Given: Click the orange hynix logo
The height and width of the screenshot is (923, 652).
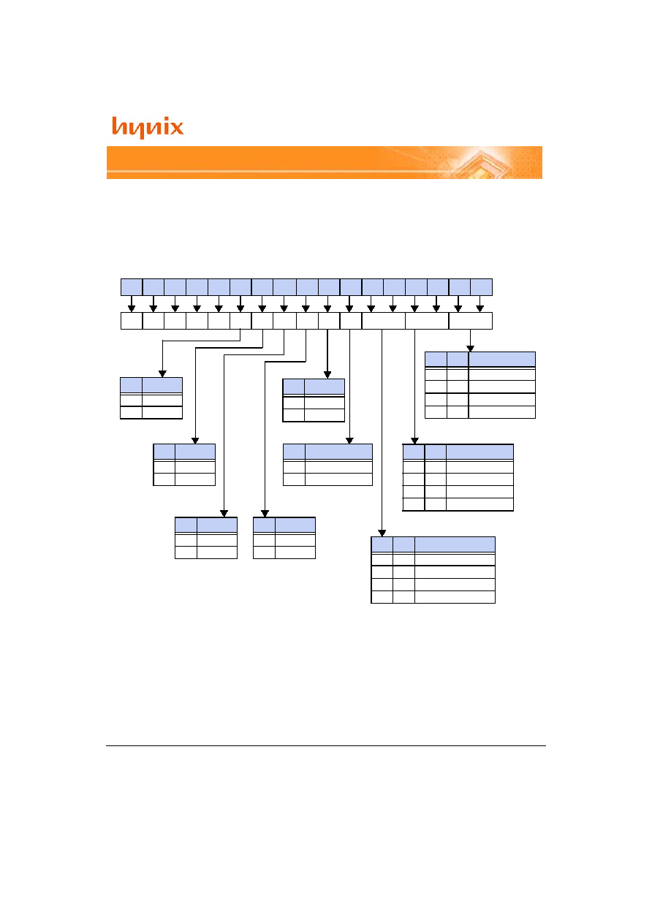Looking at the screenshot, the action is point(148,127).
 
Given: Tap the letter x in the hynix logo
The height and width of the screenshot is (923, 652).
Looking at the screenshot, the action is point(176,127).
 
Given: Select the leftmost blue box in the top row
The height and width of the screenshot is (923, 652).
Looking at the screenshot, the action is point(132,287).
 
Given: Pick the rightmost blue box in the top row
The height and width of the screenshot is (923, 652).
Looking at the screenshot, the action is point(482,287).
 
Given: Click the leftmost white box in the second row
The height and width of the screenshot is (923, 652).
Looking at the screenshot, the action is point(132,321).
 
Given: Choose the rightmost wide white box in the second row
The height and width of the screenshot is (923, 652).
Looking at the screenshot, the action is point(471,321).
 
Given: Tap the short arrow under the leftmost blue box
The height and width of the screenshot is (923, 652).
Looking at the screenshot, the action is point(132,304).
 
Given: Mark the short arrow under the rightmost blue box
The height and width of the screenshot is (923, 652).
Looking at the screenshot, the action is point(479,304).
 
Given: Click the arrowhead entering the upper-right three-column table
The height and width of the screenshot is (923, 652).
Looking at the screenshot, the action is point(470,349).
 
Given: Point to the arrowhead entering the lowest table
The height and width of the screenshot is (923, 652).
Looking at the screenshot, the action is point(382,533).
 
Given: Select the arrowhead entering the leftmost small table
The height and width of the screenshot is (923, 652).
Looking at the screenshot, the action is point(162,373).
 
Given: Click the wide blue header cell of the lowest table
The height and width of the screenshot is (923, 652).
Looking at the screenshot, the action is point(455,544).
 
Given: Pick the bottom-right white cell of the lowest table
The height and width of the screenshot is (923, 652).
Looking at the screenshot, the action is point(455,597).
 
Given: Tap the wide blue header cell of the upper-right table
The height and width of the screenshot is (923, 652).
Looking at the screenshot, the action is point(502,360).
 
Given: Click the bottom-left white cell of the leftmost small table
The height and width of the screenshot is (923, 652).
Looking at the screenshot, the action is point(131,412).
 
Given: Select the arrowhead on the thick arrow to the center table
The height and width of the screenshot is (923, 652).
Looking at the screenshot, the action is point(327,375).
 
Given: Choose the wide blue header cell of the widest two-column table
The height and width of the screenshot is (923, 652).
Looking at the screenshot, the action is point(338,452).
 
